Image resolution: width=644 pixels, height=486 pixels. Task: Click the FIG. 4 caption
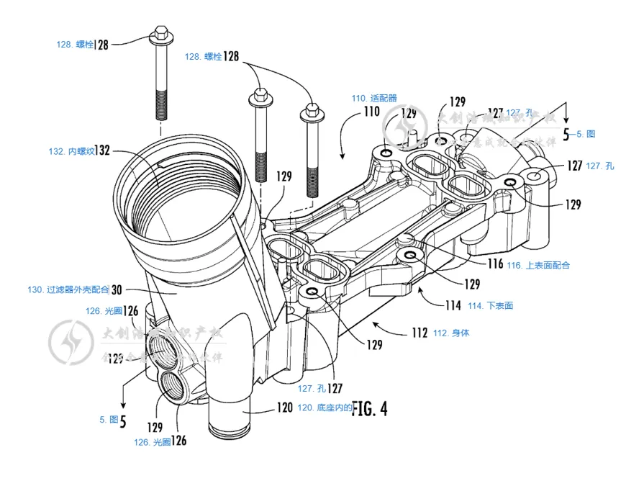370,409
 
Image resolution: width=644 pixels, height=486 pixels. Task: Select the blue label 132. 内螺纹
71,151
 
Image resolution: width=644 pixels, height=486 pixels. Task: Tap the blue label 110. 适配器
373,98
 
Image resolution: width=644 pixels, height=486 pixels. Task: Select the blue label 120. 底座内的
323,408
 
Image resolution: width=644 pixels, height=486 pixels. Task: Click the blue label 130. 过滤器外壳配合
68,289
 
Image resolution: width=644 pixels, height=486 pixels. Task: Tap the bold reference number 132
104,151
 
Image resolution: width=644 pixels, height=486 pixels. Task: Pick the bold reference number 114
453,305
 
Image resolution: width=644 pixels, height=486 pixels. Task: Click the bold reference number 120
284,408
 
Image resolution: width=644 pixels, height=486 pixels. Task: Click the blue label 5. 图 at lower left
109,419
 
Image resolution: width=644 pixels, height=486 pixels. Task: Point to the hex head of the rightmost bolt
311,111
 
